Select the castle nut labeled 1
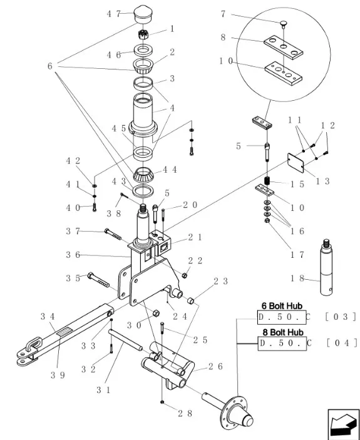[143, 34]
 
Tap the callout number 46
[114, 54]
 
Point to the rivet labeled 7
[284, 23]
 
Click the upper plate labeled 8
[283, 48]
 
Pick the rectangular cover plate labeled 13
[296, 163]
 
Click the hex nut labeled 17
[267, 220]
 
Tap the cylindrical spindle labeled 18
[326, 267]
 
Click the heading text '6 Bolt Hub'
[282, 305]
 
